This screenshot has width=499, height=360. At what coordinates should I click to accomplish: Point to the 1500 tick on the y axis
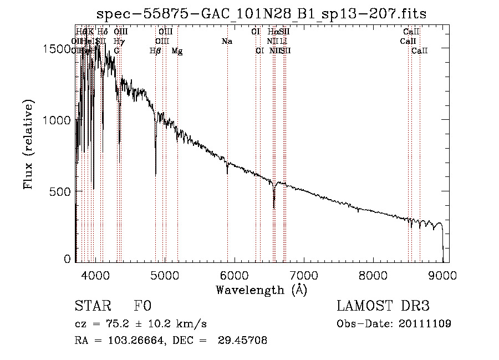[x=56, y=48]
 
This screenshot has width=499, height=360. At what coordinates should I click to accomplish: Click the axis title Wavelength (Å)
[x=261, y=290]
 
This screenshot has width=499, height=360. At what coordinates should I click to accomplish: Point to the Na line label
[x=227, y=42]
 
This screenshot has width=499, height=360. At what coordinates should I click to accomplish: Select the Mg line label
[x=177, y=51]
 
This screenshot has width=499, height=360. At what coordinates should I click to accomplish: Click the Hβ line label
[x=155, y=51]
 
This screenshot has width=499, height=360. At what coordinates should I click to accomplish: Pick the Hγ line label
[x=118, y=42]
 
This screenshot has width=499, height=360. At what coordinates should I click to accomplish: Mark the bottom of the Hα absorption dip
[x=274, y=208]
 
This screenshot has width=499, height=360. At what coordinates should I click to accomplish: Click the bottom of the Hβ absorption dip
[x=156, y=175]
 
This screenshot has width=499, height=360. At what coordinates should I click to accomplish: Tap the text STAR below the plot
[x=91, y=307]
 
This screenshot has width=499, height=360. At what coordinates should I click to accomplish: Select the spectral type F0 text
[x=142, y=307]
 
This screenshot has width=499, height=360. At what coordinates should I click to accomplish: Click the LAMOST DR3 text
[x=383, y=307]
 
